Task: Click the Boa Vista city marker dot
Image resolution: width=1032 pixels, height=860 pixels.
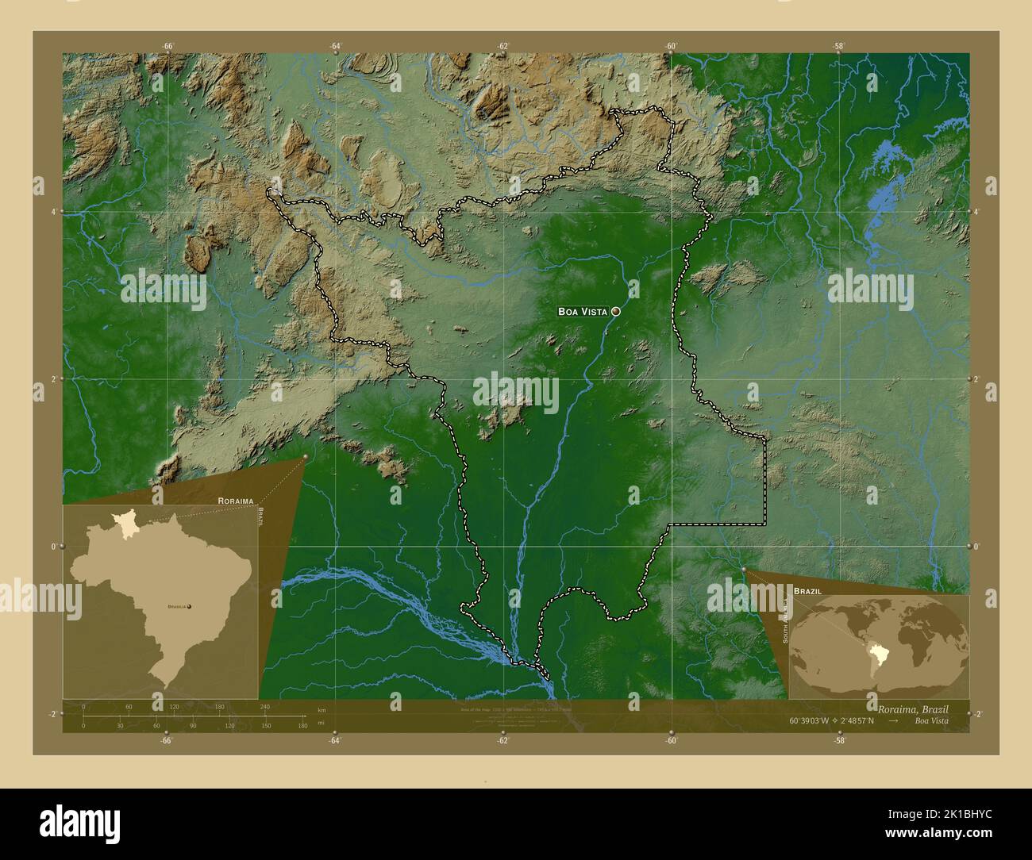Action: coord(615,312)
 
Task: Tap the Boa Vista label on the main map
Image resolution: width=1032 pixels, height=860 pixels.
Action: coord(583,312)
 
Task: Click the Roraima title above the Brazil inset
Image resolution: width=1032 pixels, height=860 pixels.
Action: coord(235,501)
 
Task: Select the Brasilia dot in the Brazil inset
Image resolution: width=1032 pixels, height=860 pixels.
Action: coord(189,606)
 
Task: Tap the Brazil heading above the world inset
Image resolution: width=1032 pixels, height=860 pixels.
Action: coord(807,592)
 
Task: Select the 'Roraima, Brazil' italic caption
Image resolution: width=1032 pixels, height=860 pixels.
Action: coord(913,708)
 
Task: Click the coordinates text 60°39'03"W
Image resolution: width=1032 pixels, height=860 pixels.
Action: coord(810,720)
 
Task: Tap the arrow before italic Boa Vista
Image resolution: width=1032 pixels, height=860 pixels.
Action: coord(894,720)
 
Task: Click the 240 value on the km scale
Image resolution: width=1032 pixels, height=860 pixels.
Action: coord(264,706)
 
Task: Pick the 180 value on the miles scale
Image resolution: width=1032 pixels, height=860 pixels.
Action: coord(302,725)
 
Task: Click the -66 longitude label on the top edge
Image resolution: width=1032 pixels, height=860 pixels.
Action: coord(168,46)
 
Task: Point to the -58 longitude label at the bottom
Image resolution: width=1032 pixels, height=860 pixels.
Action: coord(840,740)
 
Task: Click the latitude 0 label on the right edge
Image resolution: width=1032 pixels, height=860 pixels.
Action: coord(977,546)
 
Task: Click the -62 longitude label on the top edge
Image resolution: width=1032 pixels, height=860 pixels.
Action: coord(503,46)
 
